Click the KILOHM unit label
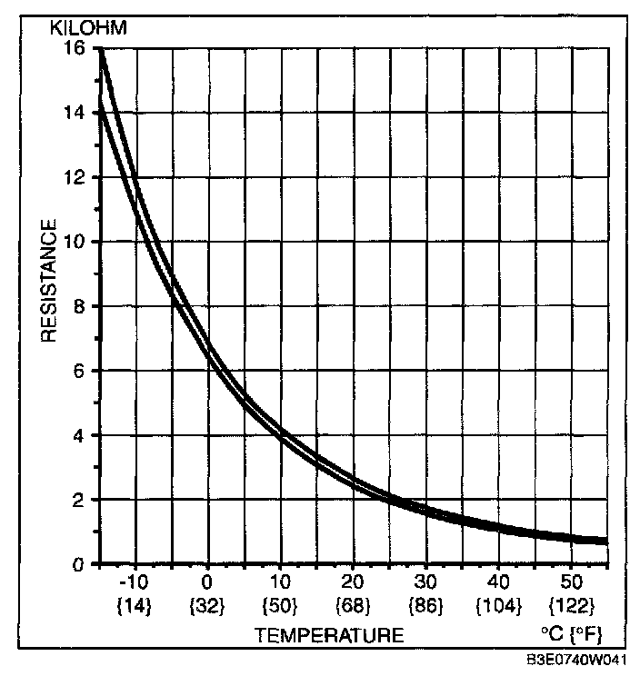point(89,27)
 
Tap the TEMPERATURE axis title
point(329,635)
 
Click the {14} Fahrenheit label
point(135,604)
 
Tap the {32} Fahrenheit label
point(207,604)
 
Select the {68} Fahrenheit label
point(354,604)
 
